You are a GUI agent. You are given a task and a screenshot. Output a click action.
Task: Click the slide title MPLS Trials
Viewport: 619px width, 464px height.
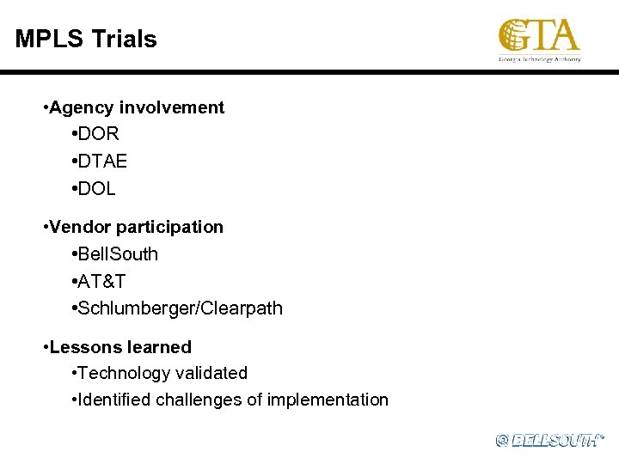point(86,39)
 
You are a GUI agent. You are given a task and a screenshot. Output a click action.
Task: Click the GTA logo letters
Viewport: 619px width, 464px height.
point(539,36)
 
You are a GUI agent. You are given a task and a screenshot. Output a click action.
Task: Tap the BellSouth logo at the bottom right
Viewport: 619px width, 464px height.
point(550,440)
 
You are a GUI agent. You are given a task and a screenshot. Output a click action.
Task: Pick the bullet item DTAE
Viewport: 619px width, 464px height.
point(104,161)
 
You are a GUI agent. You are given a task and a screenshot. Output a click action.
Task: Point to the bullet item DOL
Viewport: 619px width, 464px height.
point(98,187)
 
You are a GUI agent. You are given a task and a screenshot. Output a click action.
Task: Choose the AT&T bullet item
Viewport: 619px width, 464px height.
point(104,281)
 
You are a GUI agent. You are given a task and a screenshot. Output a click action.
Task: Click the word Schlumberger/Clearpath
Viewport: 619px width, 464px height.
point(181,308)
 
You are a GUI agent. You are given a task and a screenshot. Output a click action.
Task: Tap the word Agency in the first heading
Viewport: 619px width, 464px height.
point(83,107)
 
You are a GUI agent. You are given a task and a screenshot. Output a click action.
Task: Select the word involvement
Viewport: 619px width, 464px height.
point(172,107)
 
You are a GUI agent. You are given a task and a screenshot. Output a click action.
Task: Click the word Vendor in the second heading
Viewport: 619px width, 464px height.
point(81,227)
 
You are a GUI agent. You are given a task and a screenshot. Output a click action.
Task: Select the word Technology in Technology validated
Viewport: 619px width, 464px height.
point(124,373)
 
